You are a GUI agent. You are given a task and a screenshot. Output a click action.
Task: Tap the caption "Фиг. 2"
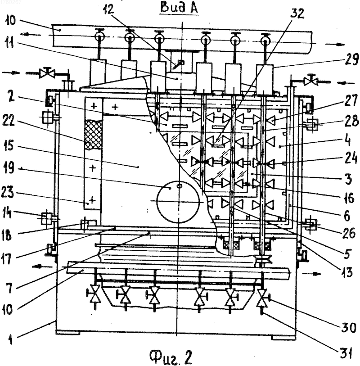coord(171,357)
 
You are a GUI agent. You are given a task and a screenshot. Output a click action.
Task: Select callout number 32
coord(297,14)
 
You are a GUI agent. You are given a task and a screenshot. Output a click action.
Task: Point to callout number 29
coord(351,59)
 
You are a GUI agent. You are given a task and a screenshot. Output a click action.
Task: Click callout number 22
coord(9,121)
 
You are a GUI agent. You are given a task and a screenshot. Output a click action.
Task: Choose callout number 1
coord(10,339)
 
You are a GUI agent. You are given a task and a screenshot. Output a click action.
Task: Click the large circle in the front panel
coord(179,202)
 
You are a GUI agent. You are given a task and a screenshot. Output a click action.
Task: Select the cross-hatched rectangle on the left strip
coord(94,134)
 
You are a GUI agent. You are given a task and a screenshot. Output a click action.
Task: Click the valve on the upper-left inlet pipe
coord(47,73)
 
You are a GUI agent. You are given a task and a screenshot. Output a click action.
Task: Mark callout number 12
coord(108,9)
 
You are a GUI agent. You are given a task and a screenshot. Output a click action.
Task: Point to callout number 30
coord(349,327)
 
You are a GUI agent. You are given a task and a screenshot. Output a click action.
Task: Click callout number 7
coord(10,288)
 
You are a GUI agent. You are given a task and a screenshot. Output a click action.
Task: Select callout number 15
coord(9,145)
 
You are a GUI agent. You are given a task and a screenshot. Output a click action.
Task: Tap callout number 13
coord(346,272)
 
